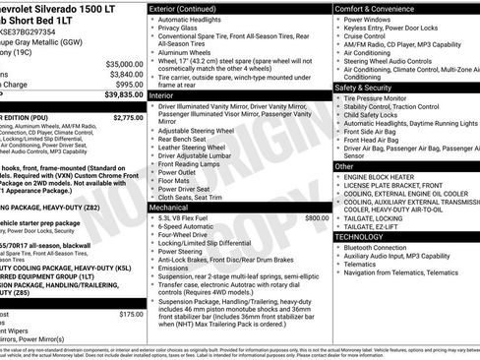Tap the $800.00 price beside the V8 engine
pyautogui.click(x=317, y=217)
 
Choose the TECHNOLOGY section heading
pyautogui.click(x=365, y=237)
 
